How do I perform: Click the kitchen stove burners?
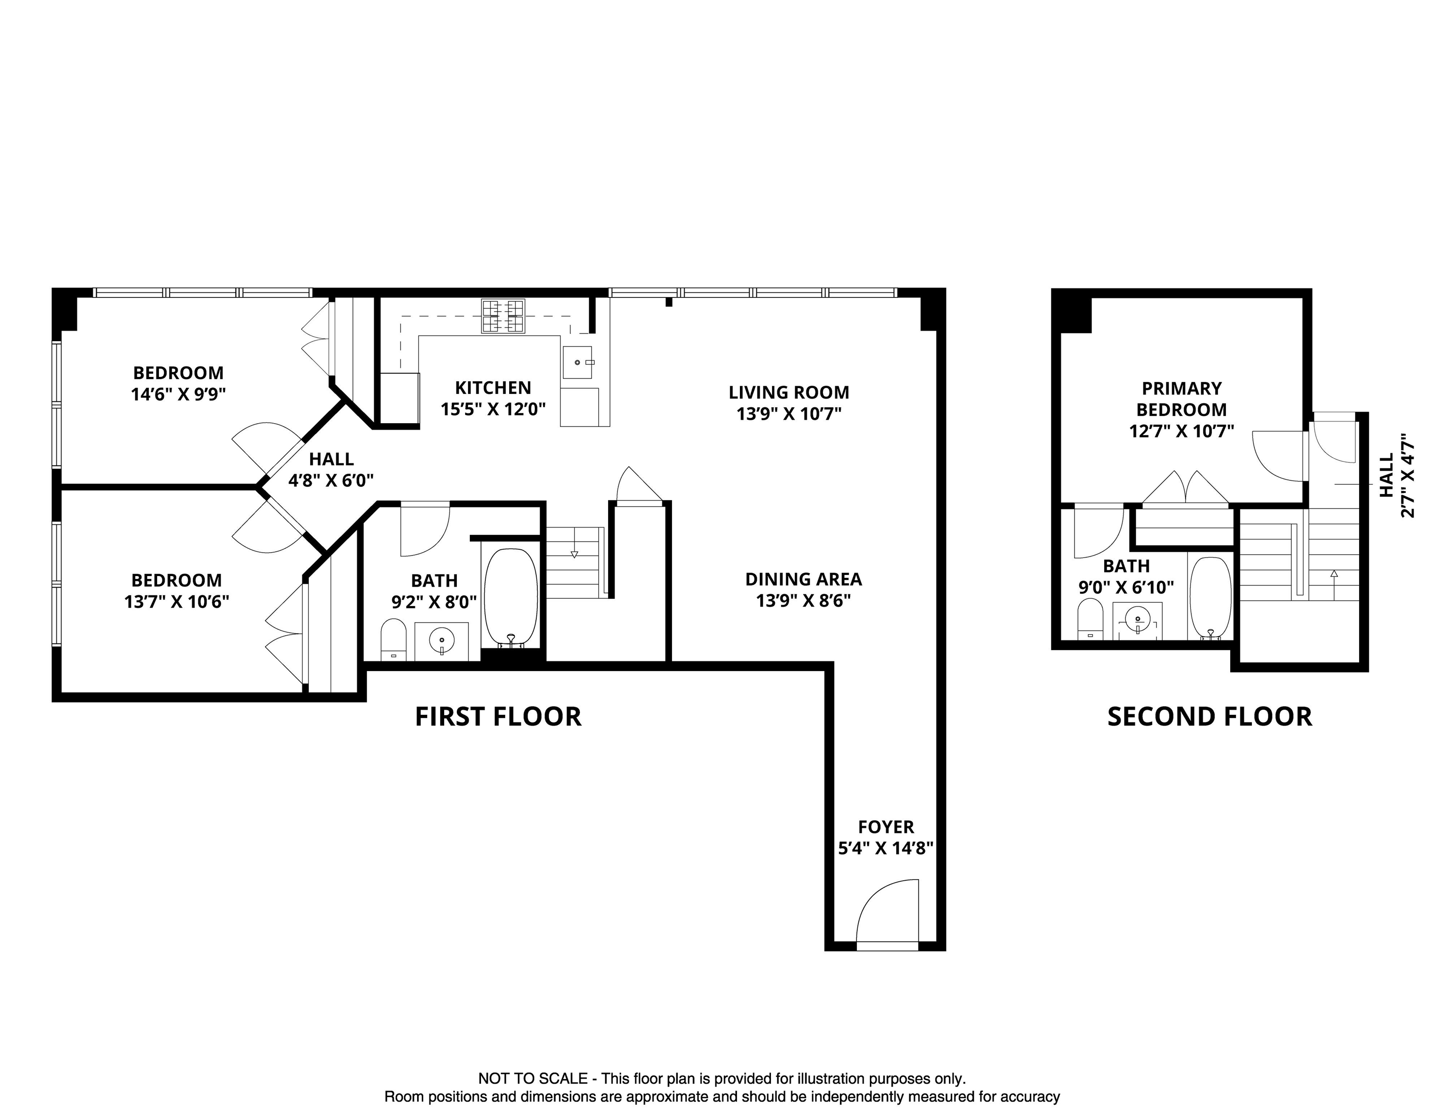(x=503, y=316)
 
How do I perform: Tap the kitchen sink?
(x=578, y=362)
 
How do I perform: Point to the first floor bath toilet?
(x=394, y=640)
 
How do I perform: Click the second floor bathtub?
(x=1210, y=598)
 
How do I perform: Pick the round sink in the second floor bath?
(x=1138, y=620)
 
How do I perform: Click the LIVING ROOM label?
(x=788, y=393)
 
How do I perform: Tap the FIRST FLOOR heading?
(x=498, y=717)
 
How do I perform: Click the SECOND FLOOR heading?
(x=1209, y=717)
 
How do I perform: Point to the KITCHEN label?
(x=493, y=388)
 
